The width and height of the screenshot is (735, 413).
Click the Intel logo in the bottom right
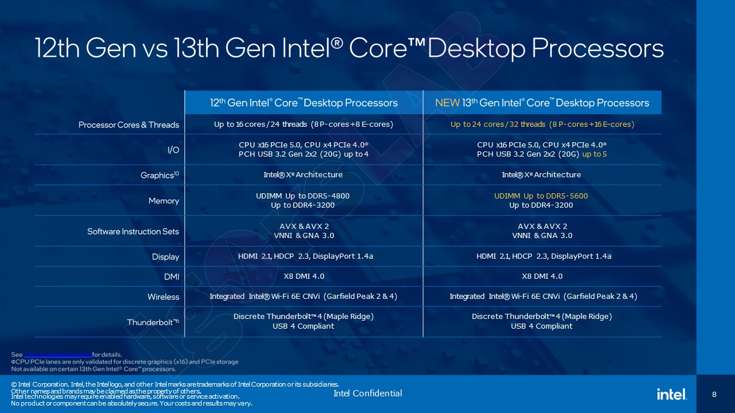672,394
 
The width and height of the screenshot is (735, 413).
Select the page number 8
714,394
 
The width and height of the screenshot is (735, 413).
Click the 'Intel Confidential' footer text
367,393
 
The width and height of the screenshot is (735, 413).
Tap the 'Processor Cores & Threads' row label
129,124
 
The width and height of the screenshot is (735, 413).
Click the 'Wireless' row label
163,297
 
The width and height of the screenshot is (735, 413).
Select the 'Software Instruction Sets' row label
133,231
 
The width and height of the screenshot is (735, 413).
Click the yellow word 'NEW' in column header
447,103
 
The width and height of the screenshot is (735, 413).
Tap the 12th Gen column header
303,103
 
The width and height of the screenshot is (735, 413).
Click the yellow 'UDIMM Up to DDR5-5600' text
541,196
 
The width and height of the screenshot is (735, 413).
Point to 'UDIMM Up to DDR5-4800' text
303,196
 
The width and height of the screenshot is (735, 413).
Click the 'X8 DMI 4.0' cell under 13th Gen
541,276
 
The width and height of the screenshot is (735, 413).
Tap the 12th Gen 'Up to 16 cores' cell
303,124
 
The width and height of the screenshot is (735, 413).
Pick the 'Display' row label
165,256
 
